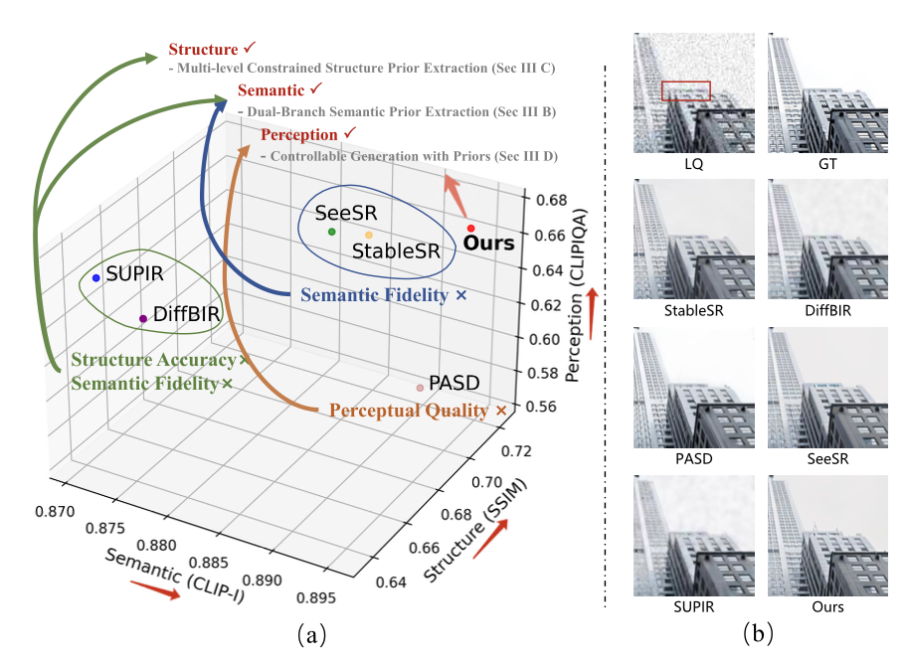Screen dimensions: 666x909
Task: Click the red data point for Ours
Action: pos(470,229)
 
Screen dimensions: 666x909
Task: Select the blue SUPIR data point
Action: pos(95,277)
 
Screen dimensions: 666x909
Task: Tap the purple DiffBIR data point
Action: pos(143,318)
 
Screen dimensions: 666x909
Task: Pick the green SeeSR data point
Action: pos(331,232)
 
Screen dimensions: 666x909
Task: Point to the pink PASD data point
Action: pos(420,388)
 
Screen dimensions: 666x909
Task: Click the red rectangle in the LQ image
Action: pos(686,91)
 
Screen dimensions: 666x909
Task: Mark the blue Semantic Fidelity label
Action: pos(376,295)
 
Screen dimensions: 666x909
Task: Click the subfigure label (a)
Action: pos(310,634)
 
